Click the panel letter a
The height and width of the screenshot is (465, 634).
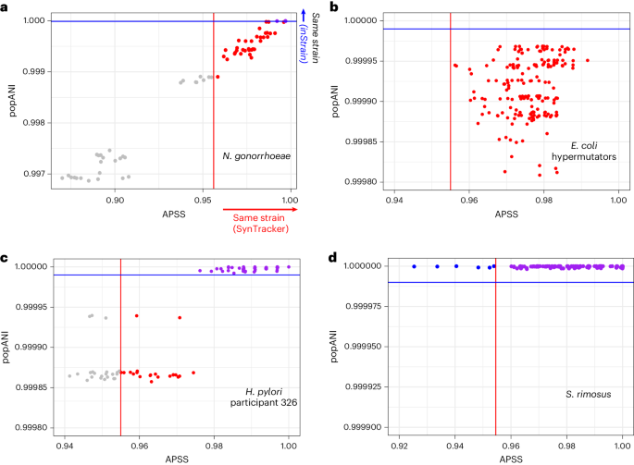click(x=6, y=7)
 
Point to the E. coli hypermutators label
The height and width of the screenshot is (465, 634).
click(x=584, y=153)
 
